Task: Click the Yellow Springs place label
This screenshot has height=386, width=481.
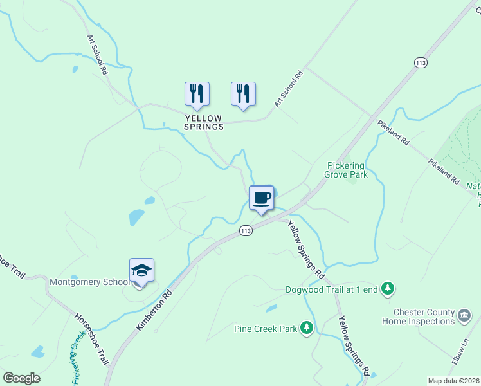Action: (204, 122)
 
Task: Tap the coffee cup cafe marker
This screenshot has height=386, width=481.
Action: (262, 198)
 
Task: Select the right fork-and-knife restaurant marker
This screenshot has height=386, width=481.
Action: (243, 94)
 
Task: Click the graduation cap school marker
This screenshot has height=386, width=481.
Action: (141, 271)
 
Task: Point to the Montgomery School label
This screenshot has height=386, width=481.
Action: (89, 282)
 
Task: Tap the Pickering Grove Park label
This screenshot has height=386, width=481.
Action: (346, 170)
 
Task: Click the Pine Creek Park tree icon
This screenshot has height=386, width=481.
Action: (307, 329)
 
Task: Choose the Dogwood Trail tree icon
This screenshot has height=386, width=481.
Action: (387, 289)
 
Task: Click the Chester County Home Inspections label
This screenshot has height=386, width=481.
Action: (418, 317)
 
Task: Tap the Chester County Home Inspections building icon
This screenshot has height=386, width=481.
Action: (465, 316)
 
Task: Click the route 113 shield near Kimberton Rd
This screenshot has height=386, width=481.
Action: (245, 230)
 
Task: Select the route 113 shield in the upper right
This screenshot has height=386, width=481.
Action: (421, 63)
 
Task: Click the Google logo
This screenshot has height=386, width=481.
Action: (21, 378)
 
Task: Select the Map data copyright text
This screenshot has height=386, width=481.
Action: (454, 381)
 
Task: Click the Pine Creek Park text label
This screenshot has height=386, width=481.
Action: (265, 329)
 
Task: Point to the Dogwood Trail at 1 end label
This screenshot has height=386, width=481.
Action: (340, 289)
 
